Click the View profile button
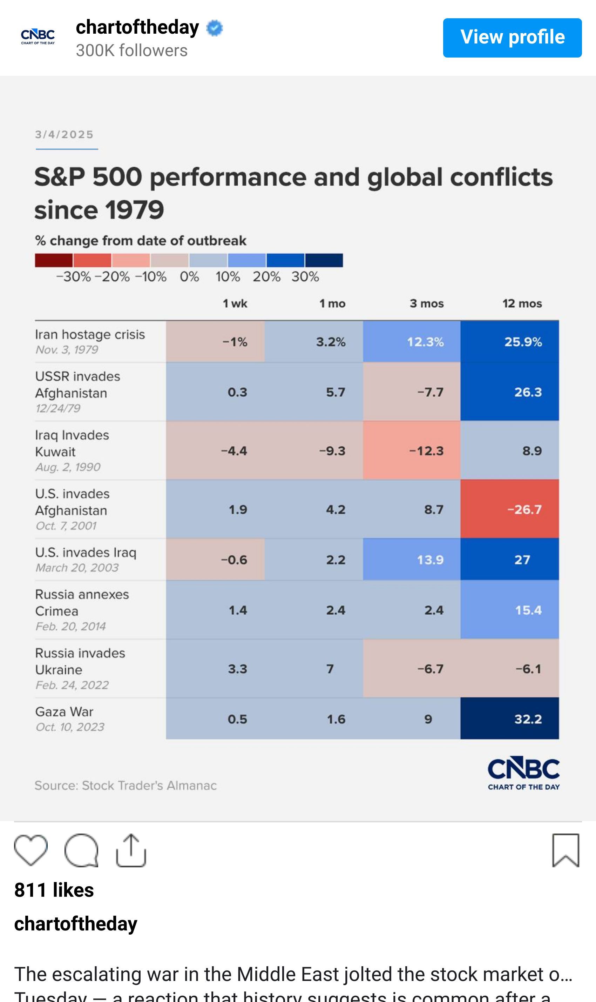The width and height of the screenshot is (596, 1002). click(x=512, y=38)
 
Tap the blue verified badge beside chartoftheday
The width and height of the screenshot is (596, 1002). click(x=215, y=28)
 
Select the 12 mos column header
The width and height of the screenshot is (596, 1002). click(x=522, y=303)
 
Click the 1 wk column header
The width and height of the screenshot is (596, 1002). click(x=235, y=303)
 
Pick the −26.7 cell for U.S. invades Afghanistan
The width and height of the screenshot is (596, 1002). click(x=509, y=509)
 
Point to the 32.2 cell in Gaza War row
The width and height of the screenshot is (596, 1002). click(x=509, y=719)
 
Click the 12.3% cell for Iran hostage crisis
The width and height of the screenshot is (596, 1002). click(x=412, y=342)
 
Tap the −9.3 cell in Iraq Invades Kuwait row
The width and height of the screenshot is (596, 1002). click(x=314, y=450)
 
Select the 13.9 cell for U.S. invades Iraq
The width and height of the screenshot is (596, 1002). click(x=412, y=560)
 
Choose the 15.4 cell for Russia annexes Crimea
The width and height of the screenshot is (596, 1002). click(x=509, y=610)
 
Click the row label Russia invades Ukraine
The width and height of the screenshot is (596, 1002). click(x=80, y=661)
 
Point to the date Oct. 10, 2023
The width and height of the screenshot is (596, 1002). click(x=70, y=727)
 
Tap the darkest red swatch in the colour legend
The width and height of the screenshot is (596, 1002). click(x=53, y=260)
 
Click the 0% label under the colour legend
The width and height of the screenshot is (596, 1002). click(x=189, y=277)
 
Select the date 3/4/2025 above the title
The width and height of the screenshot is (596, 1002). click(x=64, y=135)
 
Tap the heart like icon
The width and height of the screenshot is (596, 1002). click(x=31, y=850)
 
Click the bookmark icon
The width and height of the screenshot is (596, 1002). click(x=565, y=850)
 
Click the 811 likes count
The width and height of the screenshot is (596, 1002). click(x=54, y=890)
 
